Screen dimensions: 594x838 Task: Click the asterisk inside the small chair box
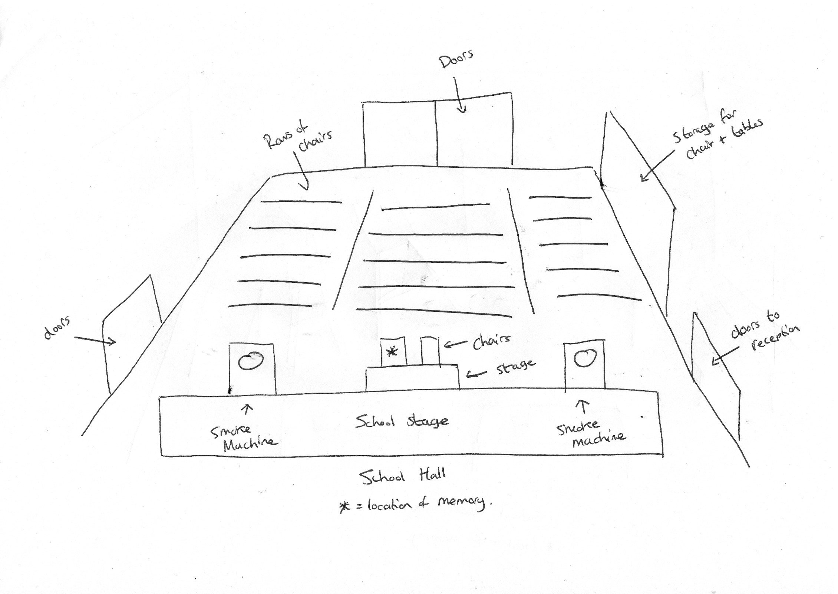tap(392, 352)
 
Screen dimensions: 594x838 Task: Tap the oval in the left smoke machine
tap(251, 361)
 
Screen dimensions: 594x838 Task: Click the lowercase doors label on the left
tap(57, 328)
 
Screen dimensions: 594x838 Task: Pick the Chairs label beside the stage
tap(491, 341)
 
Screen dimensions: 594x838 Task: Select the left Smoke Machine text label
tap(243, 438)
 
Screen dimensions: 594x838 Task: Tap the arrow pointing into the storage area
tap(658, 165)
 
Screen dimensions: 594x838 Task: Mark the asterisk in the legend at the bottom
tap(344, 507)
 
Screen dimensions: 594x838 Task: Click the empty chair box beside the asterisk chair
tap(430, 351)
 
